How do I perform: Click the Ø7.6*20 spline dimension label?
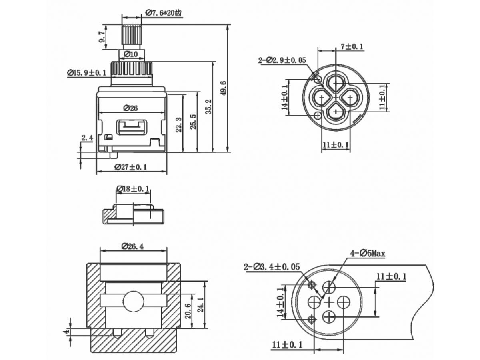click(163, 13)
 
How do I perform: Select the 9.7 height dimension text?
click(102, 37)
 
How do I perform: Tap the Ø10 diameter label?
click(131, 54)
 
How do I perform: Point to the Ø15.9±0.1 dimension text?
click(87, 72)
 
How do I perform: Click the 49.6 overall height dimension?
click(224, 88)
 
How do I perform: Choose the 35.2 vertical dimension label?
click(209, 107)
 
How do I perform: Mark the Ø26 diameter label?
click(130, 108)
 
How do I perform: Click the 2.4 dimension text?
click(87, 138)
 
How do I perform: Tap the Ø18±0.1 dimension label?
click(133, 188)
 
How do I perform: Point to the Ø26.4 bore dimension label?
click(133, 246)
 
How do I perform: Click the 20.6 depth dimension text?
click(188, 311)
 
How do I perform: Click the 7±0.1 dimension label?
click(352, 46)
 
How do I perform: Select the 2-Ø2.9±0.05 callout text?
click(282, 60)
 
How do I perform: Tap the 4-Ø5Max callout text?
click(368, 254)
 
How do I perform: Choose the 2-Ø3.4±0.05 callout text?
click(272, 267)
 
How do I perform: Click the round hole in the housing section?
click(133, 302)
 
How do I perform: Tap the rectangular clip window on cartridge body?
click(132, 127)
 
